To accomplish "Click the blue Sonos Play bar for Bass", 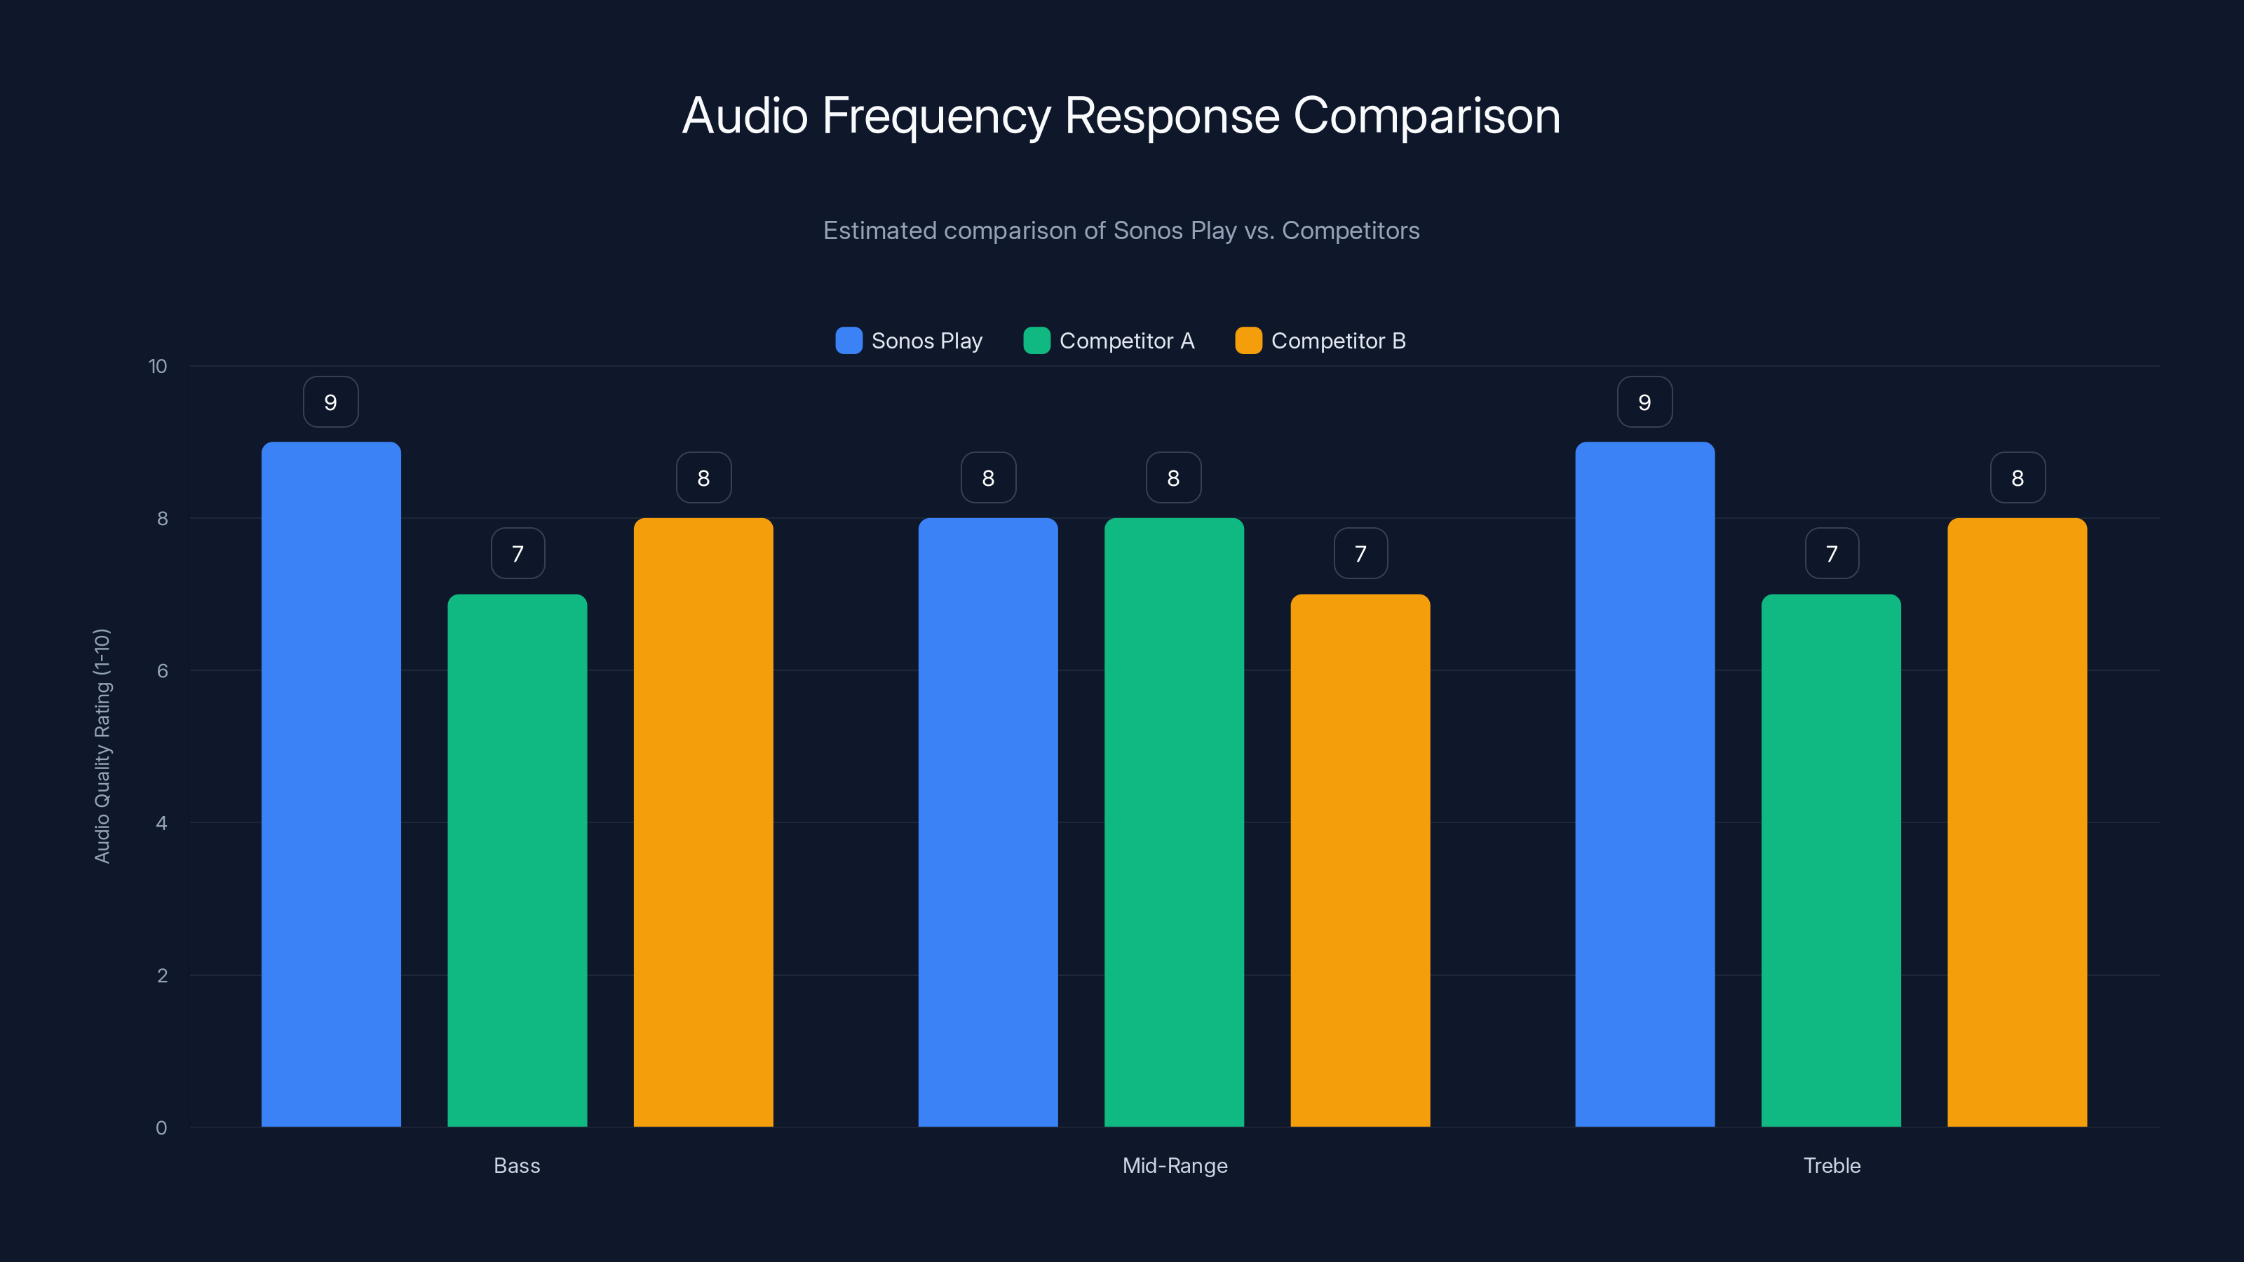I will pyautogui.click(x=331, y=784).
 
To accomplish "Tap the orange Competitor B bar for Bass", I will pyautogui.click(x=703, y=822).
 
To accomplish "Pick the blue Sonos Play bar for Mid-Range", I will pyautogui.click(x=988, y=822).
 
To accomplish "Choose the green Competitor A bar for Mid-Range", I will pyautogui.click(x=1173, y=822).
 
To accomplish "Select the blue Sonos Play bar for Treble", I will pyautogui.click(x=1644, y=784).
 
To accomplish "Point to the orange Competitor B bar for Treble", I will pyautogui.click(x=2017, y=822).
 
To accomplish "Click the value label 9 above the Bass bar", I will pyautogui.click(x=331, y=402).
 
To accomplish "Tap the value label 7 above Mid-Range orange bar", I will pyautogui.click(x=1360, y=554).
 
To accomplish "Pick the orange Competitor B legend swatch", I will pyautogui.click(x=1248, y=341).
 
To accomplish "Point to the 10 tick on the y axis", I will pyautogui.click(x=158, y=367).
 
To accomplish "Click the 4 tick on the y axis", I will pyautogui.click(x=161, y=823).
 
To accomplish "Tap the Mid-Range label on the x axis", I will pyautogui.click(x=1175, y=1165).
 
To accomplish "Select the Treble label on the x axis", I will pyautogui.click(x=1831, y=1165).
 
